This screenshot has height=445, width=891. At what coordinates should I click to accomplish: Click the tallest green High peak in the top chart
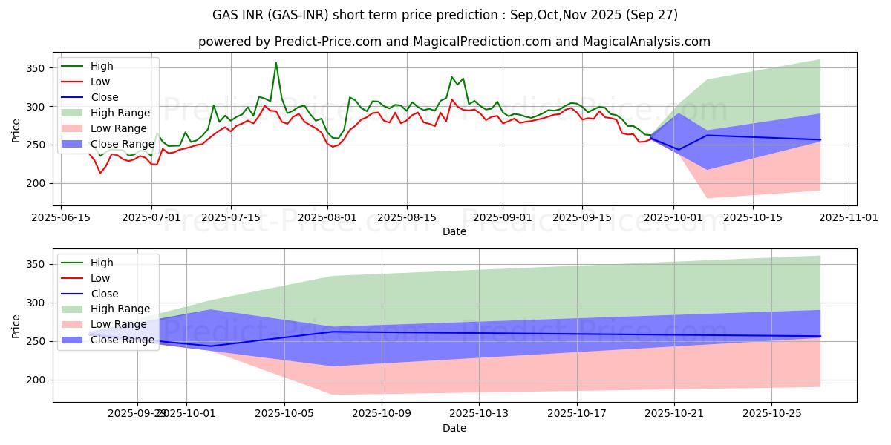coord(276,63)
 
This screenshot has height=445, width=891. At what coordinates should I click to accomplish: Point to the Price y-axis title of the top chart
coord(16,130)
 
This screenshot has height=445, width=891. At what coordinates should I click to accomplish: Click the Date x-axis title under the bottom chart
coord(454,428)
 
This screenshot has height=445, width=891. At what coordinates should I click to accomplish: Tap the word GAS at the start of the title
coord(226,15)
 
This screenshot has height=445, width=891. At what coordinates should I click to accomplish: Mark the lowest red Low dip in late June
coord(100,173)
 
